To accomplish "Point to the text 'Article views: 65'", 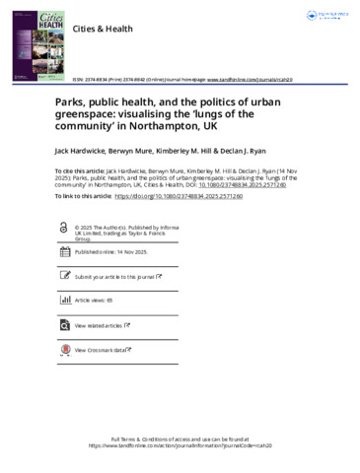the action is pyautogui.click(x=95, y=300).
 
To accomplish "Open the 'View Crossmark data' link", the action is pyautogui.click(x=101, y=349).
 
